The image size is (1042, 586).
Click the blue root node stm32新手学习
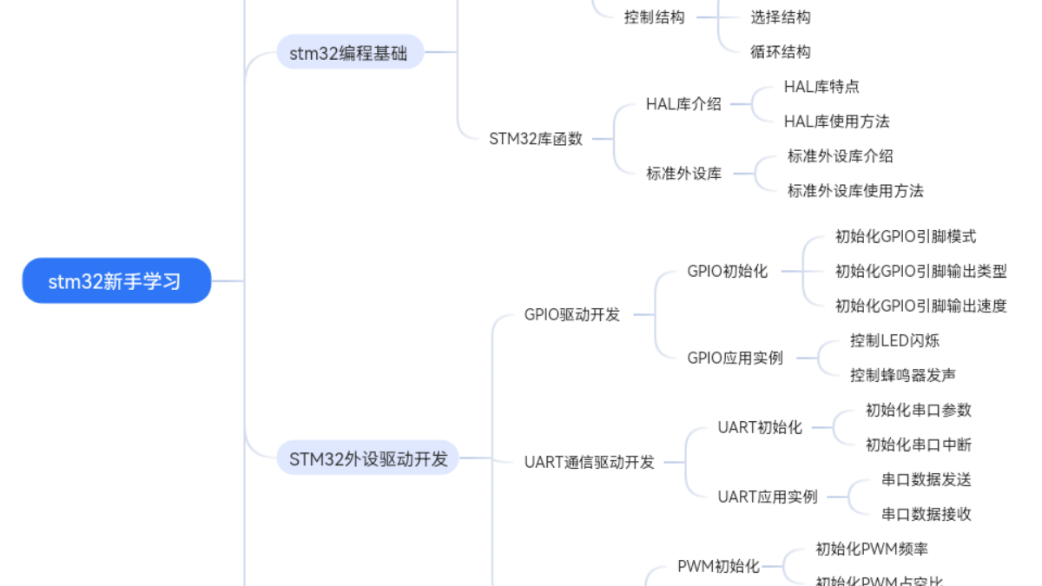[115, 281]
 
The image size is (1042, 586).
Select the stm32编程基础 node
[348, 53]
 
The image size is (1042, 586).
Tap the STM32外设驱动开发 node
[368, 458]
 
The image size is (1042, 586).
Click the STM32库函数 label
[536, 139]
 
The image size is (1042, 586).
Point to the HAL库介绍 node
[683, 104]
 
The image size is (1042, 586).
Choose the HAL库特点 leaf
[821, 87]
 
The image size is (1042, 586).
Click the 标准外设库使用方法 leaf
[855, 191]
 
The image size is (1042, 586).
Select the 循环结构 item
[781, 52]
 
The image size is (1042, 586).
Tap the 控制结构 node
[655, 17]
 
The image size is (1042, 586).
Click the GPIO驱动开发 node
[572, 314]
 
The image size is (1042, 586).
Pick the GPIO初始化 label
[728, 271]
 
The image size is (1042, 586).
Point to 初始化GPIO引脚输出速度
[920, 306]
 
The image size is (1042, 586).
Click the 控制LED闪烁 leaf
[894, 340]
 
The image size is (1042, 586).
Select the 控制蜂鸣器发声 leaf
[903, 375]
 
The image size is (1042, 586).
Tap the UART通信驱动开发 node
[590, 462]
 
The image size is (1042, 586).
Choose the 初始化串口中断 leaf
[919, 444]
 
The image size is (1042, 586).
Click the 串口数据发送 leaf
[927, 479]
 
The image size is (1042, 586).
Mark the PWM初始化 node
[718, 566]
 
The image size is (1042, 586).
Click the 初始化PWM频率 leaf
[872, 549]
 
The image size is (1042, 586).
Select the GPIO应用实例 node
[735, 358]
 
